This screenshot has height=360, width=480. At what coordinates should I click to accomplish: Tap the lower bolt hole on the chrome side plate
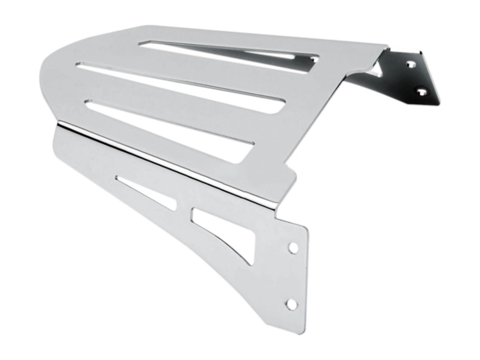click(291, 303)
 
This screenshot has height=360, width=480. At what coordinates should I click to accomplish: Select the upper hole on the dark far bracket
click(410, 63)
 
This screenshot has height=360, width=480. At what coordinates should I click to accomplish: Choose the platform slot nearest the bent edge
click(168, 120)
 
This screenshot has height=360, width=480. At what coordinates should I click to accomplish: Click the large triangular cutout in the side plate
click(226, 226)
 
